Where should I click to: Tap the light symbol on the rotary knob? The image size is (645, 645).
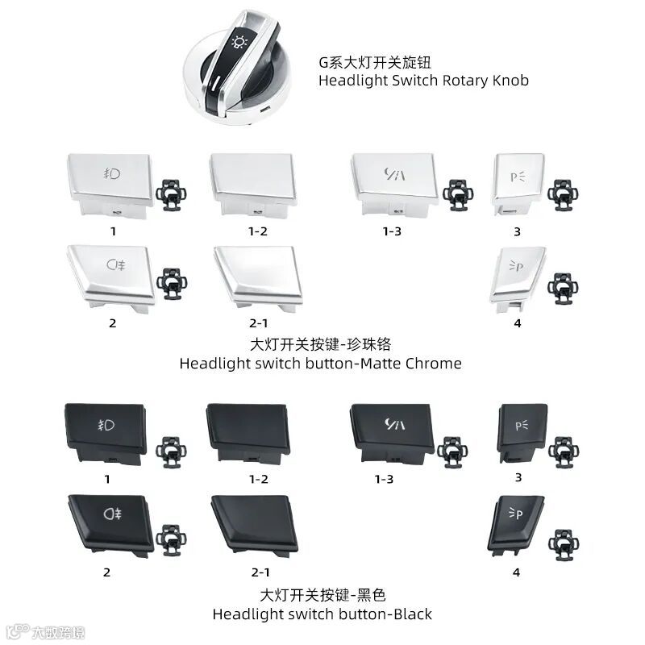(239, 42)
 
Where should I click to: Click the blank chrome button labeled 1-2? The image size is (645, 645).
(251, 181)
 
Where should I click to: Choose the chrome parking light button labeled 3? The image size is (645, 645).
(515, 181)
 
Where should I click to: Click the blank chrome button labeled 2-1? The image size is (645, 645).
(257, 274)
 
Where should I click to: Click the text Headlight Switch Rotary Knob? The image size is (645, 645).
(423, 81)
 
